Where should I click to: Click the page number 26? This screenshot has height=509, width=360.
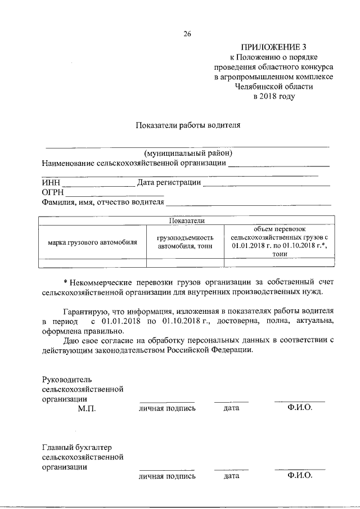[x=187, y=34]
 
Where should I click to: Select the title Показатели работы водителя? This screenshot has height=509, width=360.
[x=188, y=125]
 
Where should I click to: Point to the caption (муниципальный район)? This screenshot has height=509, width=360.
[x=188, y=154]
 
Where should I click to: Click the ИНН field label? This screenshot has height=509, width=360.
[x=51, y=182]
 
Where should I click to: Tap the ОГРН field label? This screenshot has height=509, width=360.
[x=53, y=192]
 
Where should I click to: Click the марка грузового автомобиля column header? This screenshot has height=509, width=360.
[x=92, y=242]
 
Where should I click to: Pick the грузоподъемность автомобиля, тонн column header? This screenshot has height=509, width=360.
[x=185, y=242]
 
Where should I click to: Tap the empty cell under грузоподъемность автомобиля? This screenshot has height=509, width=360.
[x=185, y=262]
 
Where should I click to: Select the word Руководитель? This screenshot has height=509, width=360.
[x=66, y=379]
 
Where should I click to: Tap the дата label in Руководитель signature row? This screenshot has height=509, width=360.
[x=231, y=408]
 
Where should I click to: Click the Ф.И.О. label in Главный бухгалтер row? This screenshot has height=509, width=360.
[x=299, y=476]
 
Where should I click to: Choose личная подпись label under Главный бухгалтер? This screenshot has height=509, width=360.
[x=167, y=476]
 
